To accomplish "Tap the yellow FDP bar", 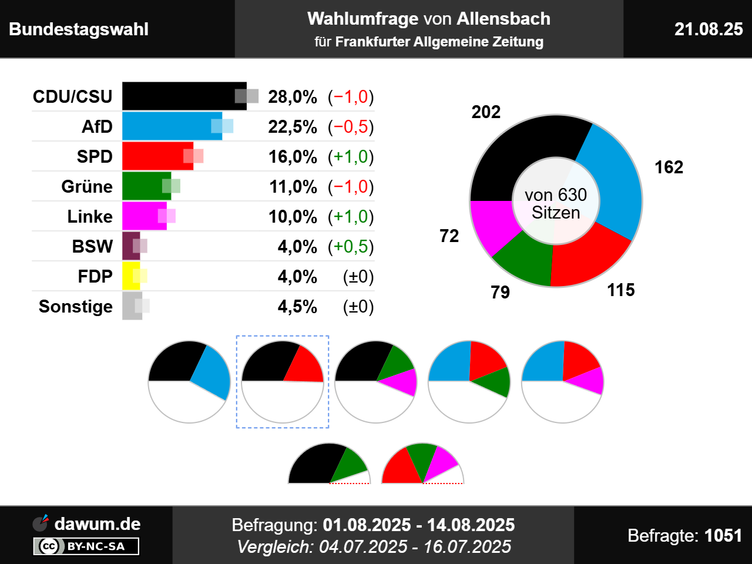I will (x=130, y=276).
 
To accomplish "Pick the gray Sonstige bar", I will (x=131, y=306).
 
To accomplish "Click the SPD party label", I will (x=95, y=157).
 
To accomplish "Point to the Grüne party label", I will (x=87, y=187).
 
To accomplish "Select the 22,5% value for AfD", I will (x=293, y=127).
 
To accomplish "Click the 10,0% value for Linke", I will (x=293, y=217).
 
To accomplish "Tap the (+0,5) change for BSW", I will (x=351, y=247).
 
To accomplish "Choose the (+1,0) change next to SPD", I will (x=351, y=157).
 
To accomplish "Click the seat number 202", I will (x=486, y=112).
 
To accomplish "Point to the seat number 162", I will (x=669, y=167).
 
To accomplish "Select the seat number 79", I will (x=500, y=292).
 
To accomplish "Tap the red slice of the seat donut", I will (x=587, y=258).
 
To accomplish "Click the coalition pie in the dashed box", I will (x=283, y=382).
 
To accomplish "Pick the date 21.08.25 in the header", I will (x=708, y=29).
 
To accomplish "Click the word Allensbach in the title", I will (x=503, y=19).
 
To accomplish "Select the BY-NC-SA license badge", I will (x=86, y=546).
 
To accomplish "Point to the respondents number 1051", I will (x=723, y=536).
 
